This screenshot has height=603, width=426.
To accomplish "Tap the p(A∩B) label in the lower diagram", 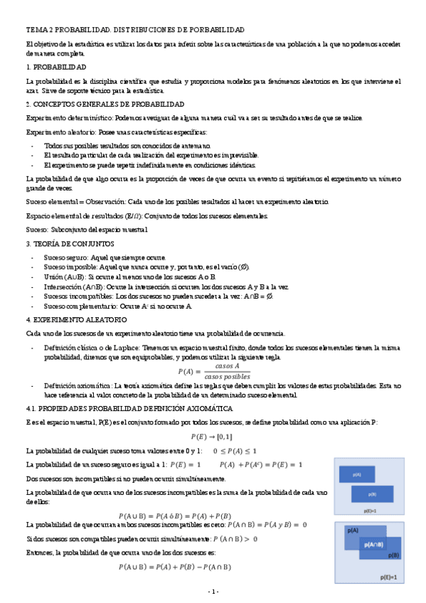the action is pyautogui.click(x=375, y=544).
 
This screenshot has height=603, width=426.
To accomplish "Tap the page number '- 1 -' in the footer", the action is pyautogui.click(x=213, y=592).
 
